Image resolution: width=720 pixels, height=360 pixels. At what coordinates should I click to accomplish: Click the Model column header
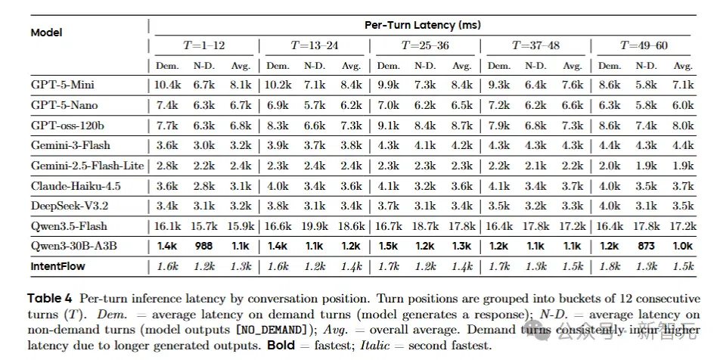[46, 33]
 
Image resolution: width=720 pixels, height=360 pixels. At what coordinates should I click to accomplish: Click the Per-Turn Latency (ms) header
[423, 25]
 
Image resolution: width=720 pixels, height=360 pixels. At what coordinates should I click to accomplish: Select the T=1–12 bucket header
[204, 45]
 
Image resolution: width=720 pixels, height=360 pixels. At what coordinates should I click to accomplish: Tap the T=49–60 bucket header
[644, 45]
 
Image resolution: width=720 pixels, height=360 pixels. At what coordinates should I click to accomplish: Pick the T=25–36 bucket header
[425, 45]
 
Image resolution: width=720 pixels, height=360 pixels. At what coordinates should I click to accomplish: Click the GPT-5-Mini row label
[63, 85]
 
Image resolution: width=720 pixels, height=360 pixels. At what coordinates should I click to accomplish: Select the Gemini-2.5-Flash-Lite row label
[87, 166]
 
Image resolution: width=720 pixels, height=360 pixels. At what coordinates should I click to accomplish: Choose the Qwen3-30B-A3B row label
[74, 246]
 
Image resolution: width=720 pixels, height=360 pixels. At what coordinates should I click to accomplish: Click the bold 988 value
[204, 246]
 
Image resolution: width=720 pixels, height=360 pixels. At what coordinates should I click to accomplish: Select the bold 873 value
[646, 246]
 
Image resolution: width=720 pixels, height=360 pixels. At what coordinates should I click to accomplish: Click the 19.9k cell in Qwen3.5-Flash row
[315, 226]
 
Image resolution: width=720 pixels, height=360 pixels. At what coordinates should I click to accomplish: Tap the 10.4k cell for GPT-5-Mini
[166, 85]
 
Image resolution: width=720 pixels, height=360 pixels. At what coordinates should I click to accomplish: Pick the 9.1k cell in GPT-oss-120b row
[388, 126]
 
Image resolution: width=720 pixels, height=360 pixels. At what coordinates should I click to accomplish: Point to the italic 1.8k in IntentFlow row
[610, 266]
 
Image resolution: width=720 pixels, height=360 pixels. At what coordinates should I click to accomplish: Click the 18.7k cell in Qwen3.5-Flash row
[425, 226]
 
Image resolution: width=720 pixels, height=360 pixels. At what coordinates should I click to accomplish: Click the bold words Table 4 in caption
[50, 298]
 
